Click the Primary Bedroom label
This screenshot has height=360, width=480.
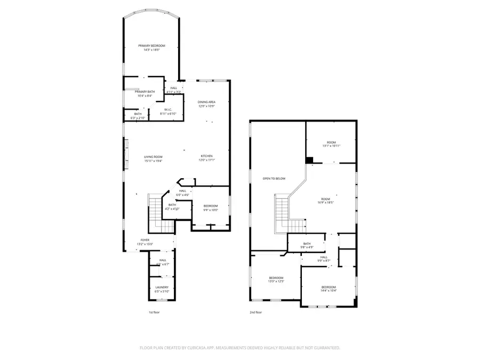click(x=151, y=46)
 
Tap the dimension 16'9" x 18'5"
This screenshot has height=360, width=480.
click(x=326, y=203)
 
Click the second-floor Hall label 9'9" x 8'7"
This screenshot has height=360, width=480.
click(x=324, y=258)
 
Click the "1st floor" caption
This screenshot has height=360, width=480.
click(x=154, y=313)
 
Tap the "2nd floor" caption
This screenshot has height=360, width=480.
click(x=255, y=313)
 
